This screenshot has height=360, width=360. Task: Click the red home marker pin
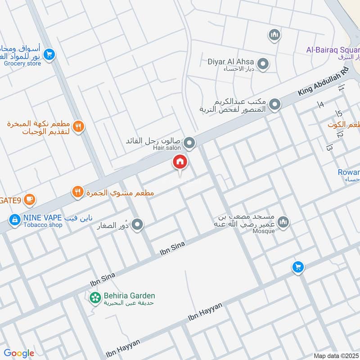point(180,162)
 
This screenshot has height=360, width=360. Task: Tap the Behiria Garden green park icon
point(95,297)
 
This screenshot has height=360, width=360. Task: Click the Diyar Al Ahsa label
point(230,62)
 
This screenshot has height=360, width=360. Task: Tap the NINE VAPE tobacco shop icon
point(15,220)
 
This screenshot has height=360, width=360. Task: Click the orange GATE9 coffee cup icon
point(30,198)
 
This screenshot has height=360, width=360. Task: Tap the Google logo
point(19,353)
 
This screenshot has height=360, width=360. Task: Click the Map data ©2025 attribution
point(337,355)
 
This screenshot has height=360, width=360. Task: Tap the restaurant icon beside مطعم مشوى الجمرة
point(78,193)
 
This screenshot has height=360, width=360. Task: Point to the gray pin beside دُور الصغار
point(138,224)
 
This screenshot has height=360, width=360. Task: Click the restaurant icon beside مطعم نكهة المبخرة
point(79,127)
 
